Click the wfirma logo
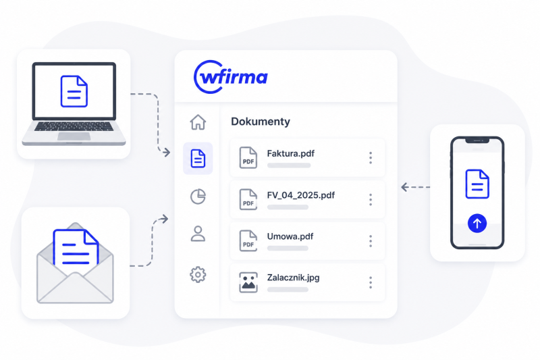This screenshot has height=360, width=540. [x=231, y=77]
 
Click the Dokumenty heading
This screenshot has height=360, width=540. [x=261, y=122]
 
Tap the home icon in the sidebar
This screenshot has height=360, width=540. [x=198, y=122]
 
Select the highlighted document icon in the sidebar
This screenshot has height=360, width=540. [x=198, y=159]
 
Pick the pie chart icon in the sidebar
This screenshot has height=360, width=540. [x=198, y=197]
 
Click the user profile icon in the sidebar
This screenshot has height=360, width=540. [x=198, y=234]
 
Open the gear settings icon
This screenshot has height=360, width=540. [x=198, y=275]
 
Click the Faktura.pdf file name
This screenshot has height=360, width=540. [x=291, y=153]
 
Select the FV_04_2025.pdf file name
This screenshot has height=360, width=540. [x=301, y=195]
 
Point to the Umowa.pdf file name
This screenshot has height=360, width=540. [x=290, y=236]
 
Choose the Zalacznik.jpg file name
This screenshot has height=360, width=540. [x=294, y=278]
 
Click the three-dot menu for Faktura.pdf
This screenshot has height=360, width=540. [x=371, y=158]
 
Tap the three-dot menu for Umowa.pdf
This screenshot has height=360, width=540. [x=371, y=241]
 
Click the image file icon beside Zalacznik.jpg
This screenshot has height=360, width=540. [x=248, y=282]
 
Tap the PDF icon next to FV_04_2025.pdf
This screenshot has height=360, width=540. [x=248, y=199]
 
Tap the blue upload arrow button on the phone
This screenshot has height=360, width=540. [x=477, y=224]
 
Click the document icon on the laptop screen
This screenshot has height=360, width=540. [x=74, y=91]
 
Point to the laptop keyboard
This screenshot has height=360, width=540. [x=74, y=126]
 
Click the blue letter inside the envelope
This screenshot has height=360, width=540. [x=76, y=251]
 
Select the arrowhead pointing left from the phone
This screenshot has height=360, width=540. [x=404, y=187]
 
